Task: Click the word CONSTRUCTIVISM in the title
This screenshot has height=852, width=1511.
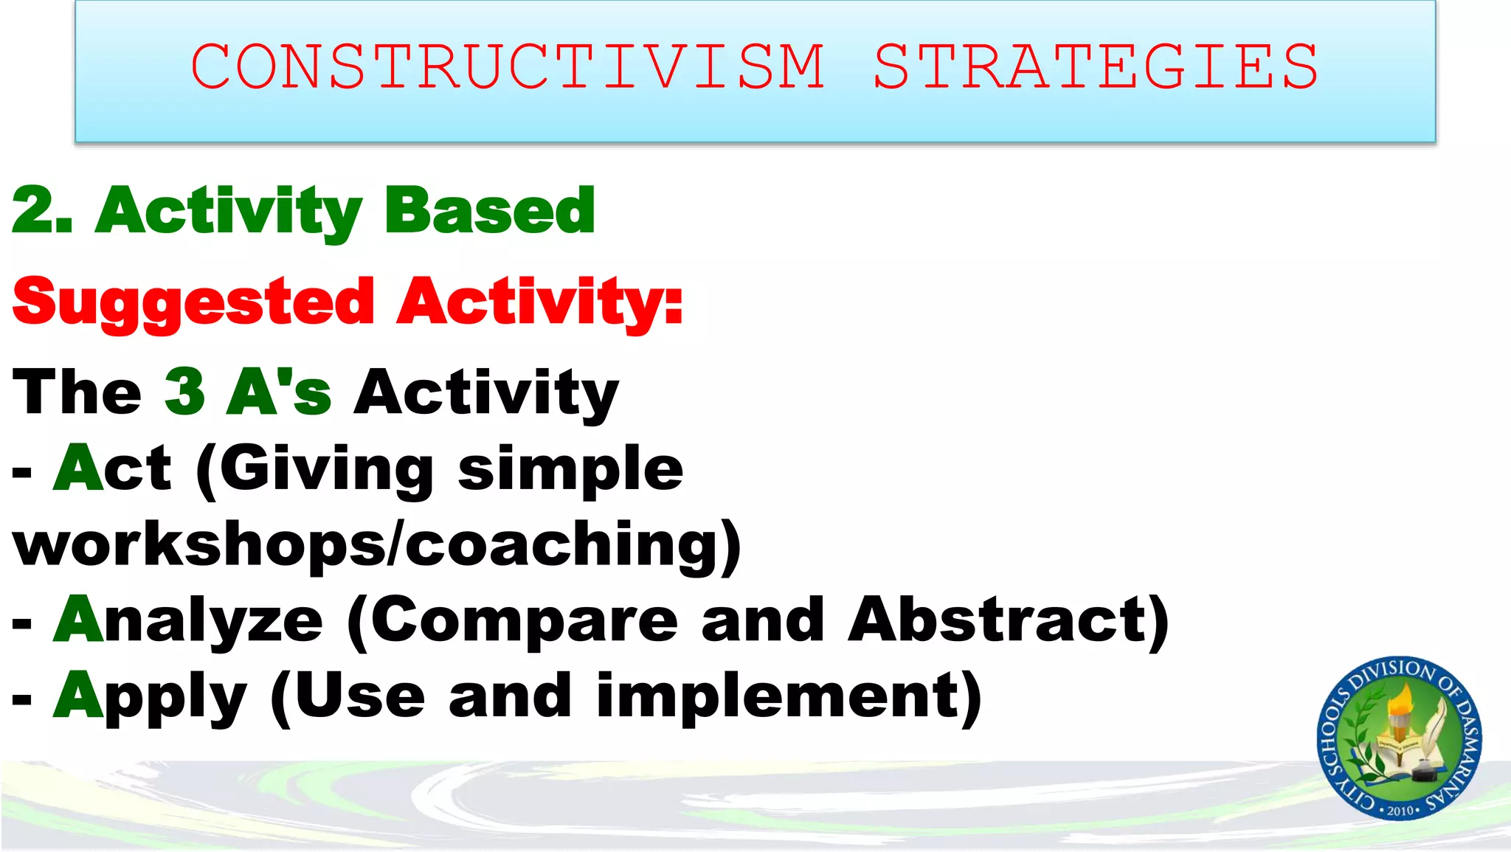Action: pyautogui.click(x=508, y=66)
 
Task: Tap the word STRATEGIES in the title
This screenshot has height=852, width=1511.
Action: pyautogui.click(x=1096, y=66)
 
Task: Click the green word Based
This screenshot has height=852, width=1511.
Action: pyautogui.click(x=489, y=211)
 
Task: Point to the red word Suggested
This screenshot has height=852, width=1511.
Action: pyautogui.click(x=194, y=302)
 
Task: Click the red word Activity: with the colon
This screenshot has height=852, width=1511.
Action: pyautogui.click(x=539, y=302)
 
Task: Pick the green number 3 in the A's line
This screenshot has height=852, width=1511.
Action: pyautogui.click(x=184, y=392)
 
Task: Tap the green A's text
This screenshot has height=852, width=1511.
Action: pyautogui.click(x=279, y=392)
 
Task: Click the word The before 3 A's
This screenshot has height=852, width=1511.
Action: pyautogui.click(x=77, y=392)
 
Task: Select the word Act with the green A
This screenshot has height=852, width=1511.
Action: pyautogui.click(x=112, y=468)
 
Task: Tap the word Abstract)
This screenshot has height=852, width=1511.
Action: pyautogui.click(x=1008, y=620)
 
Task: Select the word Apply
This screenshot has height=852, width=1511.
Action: pyautogui.click(x=151, y=697)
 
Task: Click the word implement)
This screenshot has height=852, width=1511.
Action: pyautogui.click(x=789, y=696)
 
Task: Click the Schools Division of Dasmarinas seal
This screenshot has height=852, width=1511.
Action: pyautogui.click(x=1399, y=738)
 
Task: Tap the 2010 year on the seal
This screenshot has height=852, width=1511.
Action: pyautogui.click(x=1400, y=811)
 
